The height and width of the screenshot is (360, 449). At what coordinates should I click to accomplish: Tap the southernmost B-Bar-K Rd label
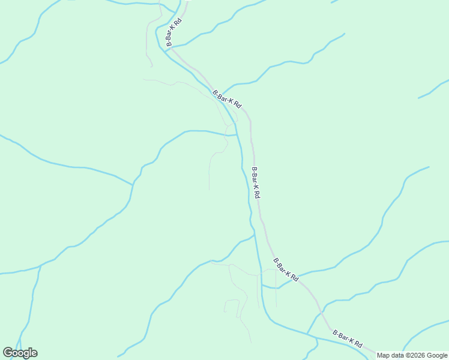coord(348,339)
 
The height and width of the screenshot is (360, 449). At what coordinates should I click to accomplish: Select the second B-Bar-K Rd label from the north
coord(227,99)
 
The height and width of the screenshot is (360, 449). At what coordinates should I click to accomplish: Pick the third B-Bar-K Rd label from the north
coord(256,182)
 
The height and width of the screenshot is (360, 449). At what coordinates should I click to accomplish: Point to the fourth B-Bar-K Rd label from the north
coord(286,269)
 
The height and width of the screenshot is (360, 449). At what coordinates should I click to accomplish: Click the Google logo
coord(20,352)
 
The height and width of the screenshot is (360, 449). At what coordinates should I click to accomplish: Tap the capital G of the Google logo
coord(8,352)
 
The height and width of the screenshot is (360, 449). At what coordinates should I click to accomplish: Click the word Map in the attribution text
coord(384,355)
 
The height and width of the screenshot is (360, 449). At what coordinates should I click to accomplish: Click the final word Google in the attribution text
coord(437,355)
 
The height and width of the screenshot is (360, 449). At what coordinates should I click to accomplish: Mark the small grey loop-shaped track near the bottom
coord(232,305)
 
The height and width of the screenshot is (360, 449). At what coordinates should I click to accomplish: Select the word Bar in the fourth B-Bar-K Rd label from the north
coord(283,268)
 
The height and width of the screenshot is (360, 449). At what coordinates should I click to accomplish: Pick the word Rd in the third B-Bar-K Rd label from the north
coord(258,195)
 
